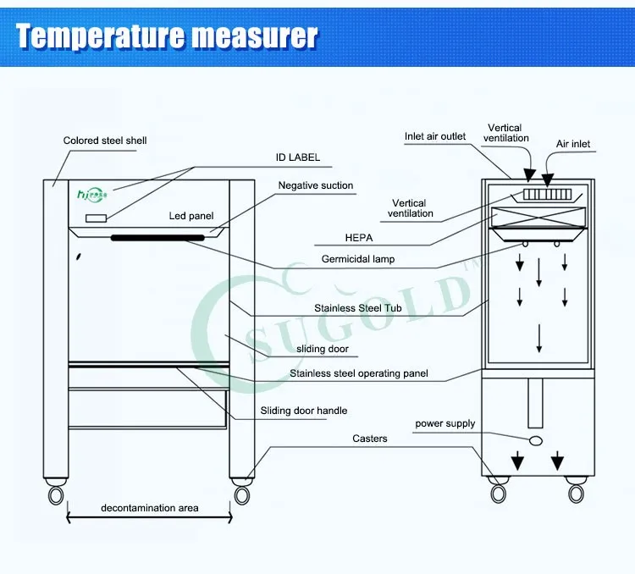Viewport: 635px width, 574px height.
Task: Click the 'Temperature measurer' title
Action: click(168, 36)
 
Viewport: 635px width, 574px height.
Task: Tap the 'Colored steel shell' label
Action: click(105, 141)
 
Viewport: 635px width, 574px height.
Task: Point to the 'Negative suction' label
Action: click(316, 185)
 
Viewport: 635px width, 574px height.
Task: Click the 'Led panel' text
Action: click(191, 216)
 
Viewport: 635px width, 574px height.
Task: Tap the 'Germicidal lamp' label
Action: click(358, 259)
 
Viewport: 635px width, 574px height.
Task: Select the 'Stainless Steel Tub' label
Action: click(358, 309)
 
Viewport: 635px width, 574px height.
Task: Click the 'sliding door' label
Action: click(323, 349)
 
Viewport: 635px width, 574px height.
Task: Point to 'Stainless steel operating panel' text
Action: click(359, 373)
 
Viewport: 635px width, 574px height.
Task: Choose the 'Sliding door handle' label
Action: click(304, 411)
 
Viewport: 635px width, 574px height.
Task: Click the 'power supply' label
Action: click(445, 423)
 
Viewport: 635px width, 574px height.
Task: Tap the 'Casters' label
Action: click(370, 439)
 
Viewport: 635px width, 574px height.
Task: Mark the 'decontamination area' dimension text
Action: click(150, 508)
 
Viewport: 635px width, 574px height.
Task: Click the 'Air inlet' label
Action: click(573, 144)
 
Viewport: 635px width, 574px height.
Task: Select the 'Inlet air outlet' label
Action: click(435, 137)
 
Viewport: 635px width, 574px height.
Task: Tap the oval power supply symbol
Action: click(535, 441)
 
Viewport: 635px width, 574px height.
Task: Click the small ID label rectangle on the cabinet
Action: click(96, 218)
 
